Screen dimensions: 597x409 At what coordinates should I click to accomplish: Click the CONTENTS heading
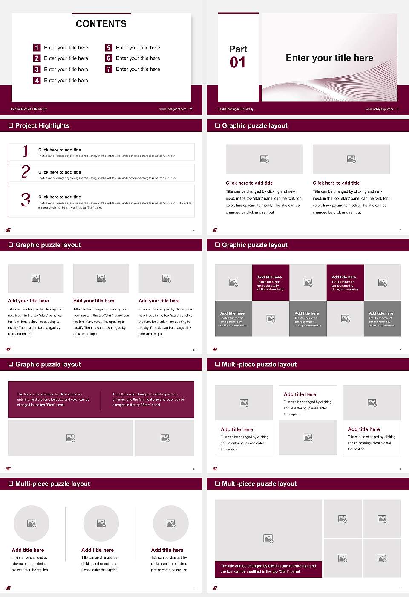coord(101,24)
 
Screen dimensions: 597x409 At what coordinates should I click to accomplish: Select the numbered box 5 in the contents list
coord(109,48)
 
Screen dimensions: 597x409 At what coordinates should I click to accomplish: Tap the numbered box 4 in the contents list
coord(37,80)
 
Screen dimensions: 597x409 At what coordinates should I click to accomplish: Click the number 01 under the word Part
coord(238,63)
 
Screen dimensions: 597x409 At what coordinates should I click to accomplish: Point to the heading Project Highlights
coord(42,125)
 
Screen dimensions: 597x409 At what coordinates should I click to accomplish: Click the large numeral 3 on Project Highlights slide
coord(26,200)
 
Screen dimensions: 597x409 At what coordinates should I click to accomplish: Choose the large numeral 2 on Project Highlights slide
coord(26,172)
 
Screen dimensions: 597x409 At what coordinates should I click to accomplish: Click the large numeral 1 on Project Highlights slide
coord(26,151)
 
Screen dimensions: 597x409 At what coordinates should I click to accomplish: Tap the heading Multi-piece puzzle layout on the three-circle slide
coord(52,484)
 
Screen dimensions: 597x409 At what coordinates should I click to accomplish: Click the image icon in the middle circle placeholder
coord(101,523)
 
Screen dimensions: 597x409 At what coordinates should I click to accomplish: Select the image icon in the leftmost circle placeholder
coord(32,523)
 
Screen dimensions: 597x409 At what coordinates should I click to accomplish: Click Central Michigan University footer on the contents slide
coord(29,109)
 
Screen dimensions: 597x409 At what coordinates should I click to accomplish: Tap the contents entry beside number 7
coord(138,69)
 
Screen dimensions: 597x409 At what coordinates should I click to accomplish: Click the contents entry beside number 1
coord(66,48)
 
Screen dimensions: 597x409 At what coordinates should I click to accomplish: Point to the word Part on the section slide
coord(238,49)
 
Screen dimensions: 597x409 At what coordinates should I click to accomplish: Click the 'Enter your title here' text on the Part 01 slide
coord(329,58)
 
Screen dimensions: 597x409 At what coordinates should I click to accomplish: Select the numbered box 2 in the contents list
coord(37,58)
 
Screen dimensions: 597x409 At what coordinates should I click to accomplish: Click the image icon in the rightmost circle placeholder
coord(170,523)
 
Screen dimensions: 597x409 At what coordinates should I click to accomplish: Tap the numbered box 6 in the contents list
coord(109,58)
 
